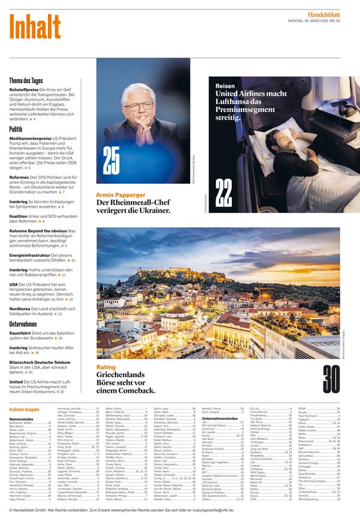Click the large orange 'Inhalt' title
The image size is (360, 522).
pyautogui.click(x=35, y=27)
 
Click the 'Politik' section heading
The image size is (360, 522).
pyautogui.click(x=16, y=129)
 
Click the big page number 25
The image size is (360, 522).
pyautogui.click(x=111, y=160)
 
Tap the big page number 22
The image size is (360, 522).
pyautogui.click(x=223, y=194)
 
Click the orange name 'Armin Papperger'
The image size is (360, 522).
pyautogui.click(x=120, y=195)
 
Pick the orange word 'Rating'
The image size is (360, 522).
pyautogui.click(x=106, y=367)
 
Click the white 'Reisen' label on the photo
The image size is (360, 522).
pyautogui.click(x=225, y=86)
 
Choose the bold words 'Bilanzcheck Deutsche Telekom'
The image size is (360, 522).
pyautogui.click(x=40, y=362)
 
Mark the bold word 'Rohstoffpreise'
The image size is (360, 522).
pyautogui.click(x=25, y=89)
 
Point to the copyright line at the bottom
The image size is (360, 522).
pyautogui.click(x=120, y=509)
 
